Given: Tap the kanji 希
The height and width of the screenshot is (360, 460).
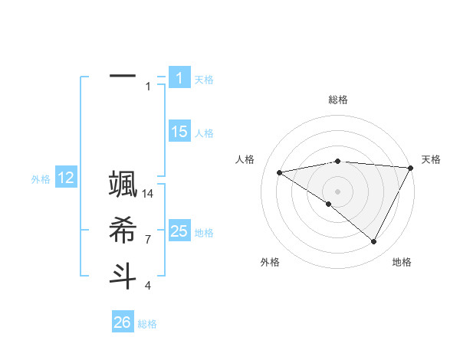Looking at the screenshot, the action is (123, 230).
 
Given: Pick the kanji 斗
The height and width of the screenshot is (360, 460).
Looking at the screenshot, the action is (123, 274).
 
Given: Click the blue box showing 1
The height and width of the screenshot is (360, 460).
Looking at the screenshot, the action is (179, 78).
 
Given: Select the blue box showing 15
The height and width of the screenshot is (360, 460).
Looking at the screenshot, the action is (179, 132).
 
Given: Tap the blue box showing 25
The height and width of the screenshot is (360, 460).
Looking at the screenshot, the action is (179, 231).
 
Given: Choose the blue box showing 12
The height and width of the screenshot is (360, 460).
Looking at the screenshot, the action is (66, 178).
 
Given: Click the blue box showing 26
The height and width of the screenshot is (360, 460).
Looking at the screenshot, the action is (123, 322).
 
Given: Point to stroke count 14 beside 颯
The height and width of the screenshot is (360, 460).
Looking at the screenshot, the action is (148, 194).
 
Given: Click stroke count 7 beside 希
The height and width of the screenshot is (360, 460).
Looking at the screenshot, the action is (148, 240).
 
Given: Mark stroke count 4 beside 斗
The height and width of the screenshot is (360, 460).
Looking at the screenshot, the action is (148, 286).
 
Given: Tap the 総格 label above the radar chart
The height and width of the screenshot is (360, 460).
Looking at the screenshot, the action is (338, 100).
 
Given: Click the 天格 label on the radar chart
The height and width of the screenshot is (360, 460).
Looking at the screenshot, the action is (431, 159).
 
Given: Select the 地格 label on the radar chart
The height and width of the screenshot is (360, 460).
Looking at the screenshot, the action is (402, 262).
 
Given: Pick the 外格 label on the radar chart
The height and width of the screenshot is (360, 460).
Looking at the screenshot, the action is (270, 262).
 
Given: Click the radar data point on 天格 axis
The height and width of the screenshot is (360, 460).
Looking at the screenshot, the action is (410, 168).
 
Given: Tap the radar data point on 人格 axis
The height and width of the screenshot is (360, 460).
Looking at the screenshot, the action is (279, 172).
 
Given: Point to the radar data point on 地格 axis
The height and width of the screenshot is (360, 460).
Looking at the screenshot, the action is (373, 241).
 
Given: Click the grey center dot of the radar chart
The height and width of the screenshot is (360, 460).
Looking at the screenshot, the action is (337, 191).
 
